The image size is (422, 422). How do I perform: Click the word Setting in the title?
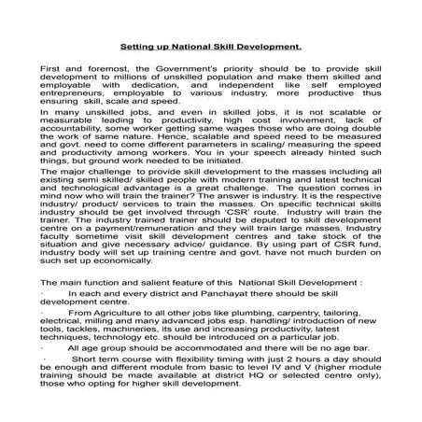click(140, 44)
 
